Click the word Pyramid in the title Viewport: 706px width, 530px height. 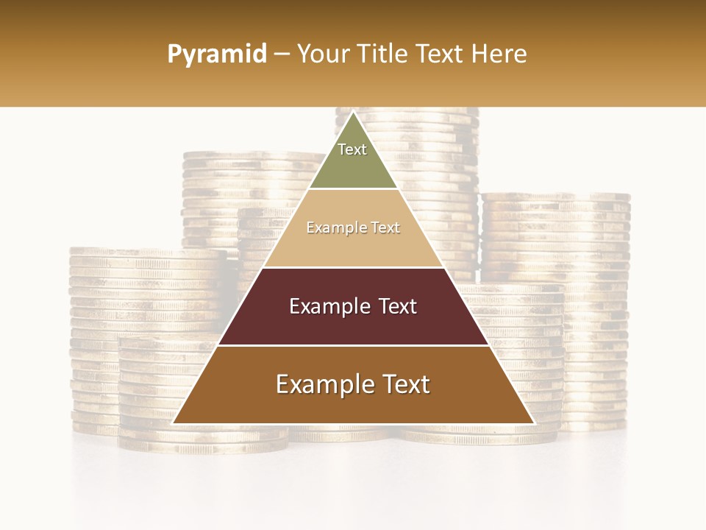[216, 54]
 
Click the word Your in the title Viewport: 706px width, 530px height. [322, 54]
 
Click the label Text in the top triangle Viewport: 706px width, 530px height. [352, 149]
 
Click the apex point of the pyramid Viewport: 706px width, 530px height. [353, 113]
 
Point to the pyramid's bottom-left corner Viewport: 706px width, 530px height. [174, 423]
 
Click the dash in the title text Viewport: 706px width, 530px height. [281, 54]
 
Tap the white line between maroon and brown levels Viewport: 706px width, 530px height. [353, 345]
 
